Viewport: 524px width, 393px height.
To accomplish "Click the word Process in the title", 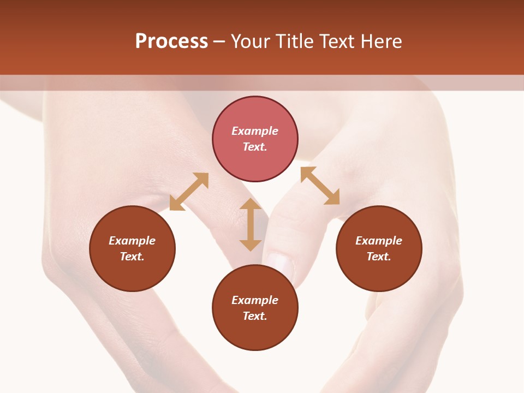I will (171, 41).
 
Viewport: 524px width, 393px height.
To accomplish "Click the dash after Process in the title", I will (219, 42).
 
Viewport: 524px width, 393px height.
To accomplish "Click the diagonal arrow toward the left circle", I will (189, 192).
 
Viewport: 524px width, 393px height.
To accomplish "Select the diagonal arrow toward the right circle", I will (320, 186).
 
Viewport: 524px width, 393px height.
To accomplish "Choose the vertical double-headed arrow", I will (251, 224).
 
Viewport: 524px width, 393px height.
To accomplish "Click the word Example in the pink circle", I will (255, 131).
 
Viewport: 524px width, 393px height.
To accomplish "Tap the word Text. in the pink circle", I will (255, 147).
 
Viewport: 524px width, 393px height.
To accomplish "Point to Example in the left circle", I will (132, 241).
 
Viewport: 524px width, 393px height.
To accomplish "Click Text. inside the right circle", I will (379, 257).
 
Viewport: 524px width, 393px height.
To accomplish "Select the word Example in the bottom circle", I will (255, 300).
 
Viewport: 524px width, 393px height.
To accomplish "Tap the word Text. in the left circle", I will (132, 257).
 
